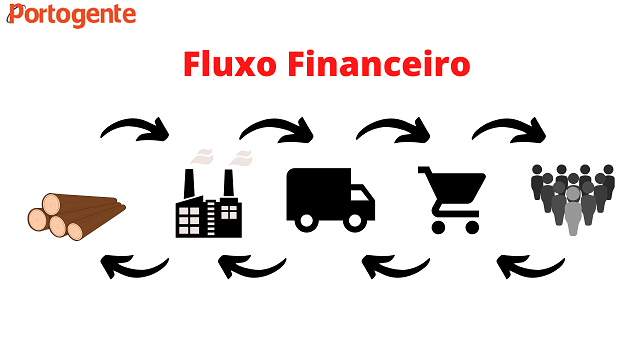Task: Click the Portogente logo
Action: tap(71, 15)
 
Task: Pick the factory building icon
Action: tap(209, 205)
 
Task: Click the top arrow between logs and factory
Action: tap(137, 129)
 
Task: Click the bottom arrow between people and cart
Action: tap(530, 265)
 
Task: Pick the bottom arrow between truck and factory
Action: tap(253, 265)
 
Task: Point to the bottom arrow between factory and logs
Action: tap(135, 265)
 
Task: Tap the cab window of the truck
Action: tap(361, 189)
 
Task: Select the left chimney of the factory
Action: tap(189, 183)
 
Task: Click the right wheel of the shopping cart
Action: tap(471, 226)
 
